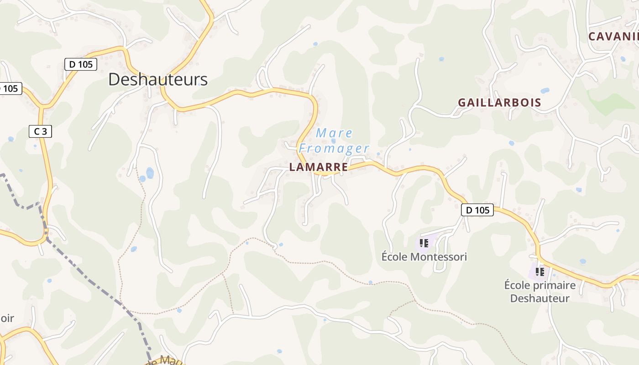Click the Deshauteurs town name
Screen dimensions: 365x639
(x=158, y=79)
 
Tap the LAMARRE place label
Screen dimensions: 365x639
(x=319, y=167)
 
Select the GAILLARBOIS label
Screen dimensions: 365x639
(x=499, y=103)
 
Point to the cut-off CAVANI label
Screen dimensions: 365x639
(x=613, y=36)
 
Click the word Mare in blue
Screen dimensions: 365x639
(x=335, y=133)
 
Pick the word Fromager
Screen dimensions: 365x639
(x=334, y=148)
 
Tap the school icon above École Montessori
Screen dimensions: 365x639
(x=424, y=243)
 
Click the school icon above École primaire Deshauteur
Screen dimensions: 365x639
(x=540, y=272)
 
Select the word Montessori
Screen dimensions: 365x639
(x=439, y=257)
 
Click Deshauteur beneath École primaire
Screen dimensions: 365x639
(x=539, y=298)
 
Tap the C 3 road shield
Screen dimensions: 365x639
(x=40, y=132)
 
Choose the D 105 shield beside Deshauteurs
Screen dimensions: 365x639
(x=81, y=64)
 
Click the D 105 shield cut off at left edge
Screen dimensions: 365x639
(x=9, y=89)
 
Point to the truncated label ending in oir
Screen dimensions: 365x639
(x=7, y=318)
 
